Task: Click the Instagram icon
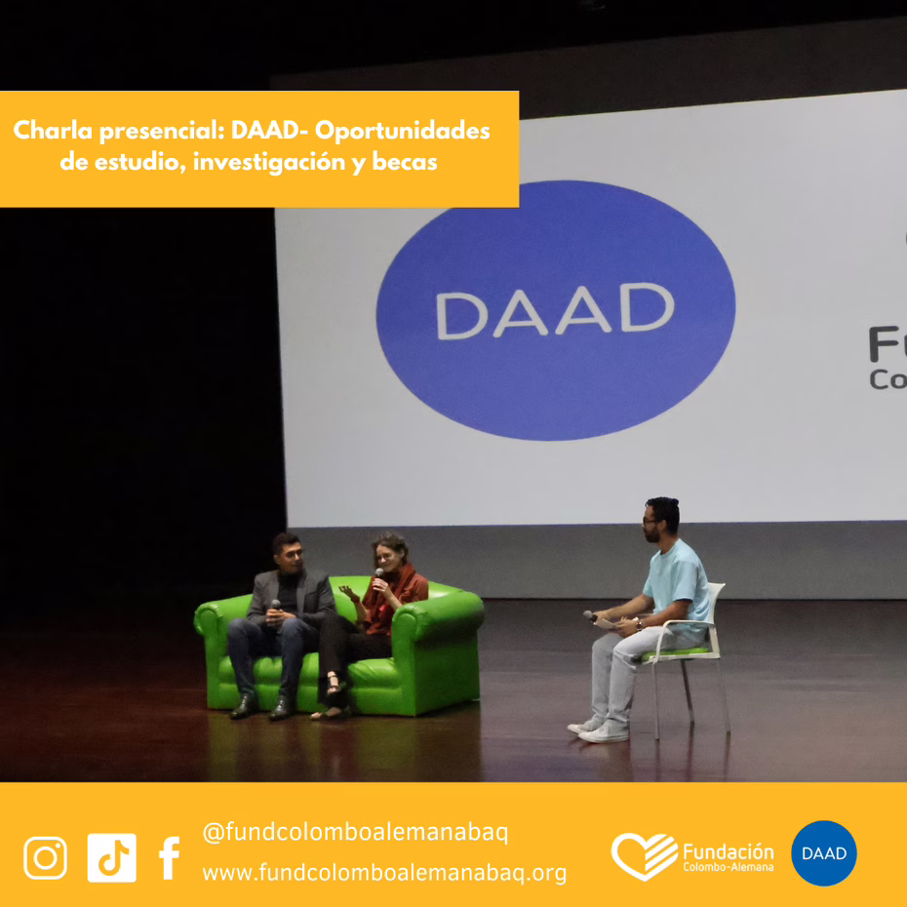tap(45, 858)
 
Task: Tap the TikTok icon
tap(111, 858)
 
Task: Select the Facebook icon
tap(169, 858)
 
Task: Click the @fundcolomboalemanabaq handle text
tap(355, 833)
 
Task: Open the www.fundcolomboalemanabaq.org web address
tap(384, 872)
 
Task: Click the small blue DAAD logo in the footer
tap(824, 853)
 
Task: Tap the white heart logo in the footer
tap(645, 856)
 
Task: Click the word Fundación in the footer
tap(729, 852)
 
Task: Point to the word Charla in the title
tap(53, 130)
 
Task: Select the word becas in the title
tap(405, 162)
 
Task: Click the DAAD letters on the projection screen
tap(555, 310)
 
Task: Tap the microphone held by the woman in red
tap(378, 576)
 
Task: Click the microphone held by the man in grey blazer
tap(275, 607)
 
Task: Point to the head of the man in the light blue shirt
tap(661, 519)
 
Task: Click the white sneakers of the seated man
tap(599, 730)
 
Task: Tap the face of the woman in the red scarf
tap(384, 557)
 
